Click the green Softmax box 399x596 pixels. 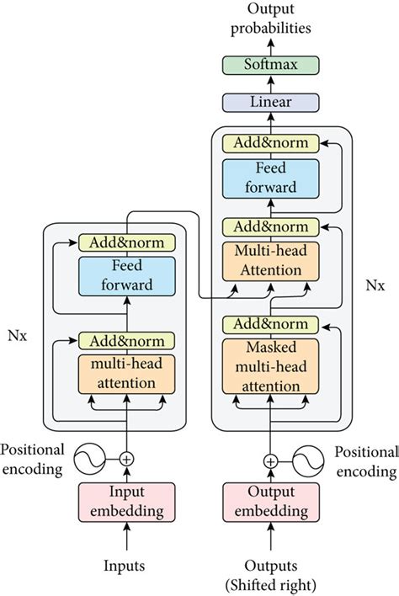click(x=271, y=64)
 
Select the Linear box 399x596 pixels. click(x=271, y=103)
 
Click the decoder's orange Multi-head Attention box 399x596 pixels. click(x=271, y=262)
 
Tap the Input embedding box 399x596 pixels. click(x=126, y=503)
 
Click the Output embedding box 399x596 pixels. click(x=271, y=503)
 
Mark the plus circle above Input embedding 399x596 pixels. click(x=126, y=459)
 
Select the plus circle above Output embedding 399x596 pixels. click(x=271, y=460)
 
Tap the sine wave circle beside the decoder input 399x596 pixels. click(x=304, y=460)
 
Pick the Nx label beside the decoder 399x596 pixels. click(x=375, y=285)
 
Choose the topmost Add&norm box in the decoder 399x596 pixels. click(x=271, y=142)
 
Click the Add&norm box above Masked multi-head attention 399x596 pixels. click(x=271, y=325)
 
